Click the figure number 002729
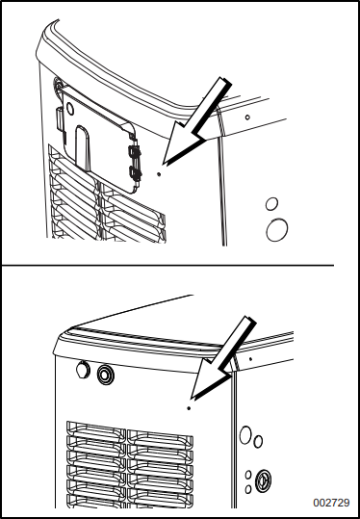(330, 502)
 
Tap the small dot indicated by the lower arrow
(189, 406)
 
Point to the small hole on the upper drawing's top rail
(247, 117)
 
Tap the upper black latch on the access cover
(133, 150)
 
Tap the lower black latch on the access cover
(133, 174)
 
